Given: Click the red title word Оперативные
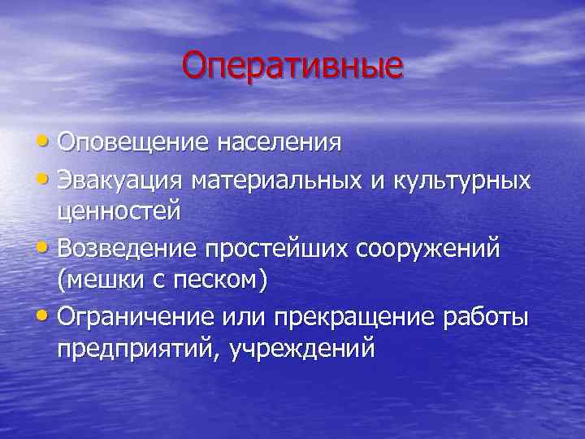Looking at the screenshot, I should (292, 65).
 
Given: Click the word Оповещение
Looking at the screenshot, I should (130, 142).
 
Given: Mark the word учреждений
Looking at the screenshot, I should (302, 350).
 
